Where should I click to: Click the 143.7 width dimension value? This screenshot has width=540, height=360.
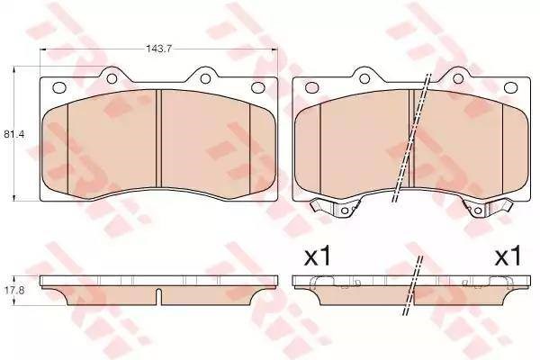coord(158,49)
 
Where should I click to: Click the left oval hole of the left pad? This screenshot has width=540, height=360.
coord(59,87)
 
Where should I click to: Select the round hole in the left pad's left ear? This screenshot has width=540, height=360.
coord(112,79)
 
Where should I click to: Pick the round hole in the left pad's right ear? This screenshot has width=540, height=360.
coord(205,79)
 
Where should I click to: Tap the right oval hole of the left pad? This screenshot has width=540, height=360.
coord(257,87)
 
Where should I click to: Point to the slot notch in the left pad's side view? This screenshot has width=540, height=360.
coord(158,297)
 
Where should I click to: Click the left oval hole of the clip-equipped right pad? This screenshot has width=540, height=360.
coord(311,87)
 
